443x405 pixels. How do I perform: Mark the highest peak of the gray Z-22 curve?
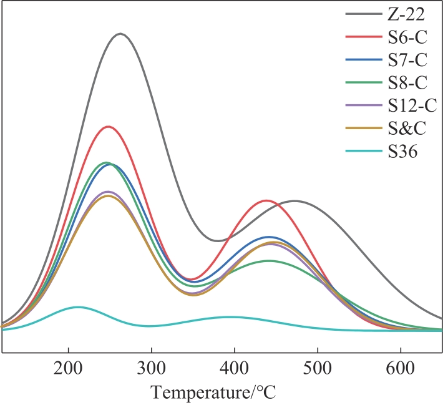[120, 34]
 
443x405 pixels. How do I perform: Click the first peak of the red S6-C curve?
[109, 127]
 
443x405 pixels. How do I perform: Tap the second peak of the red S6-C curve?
[268, 200]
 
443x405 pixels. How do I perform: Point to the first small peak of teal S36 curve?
[78, 307]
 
